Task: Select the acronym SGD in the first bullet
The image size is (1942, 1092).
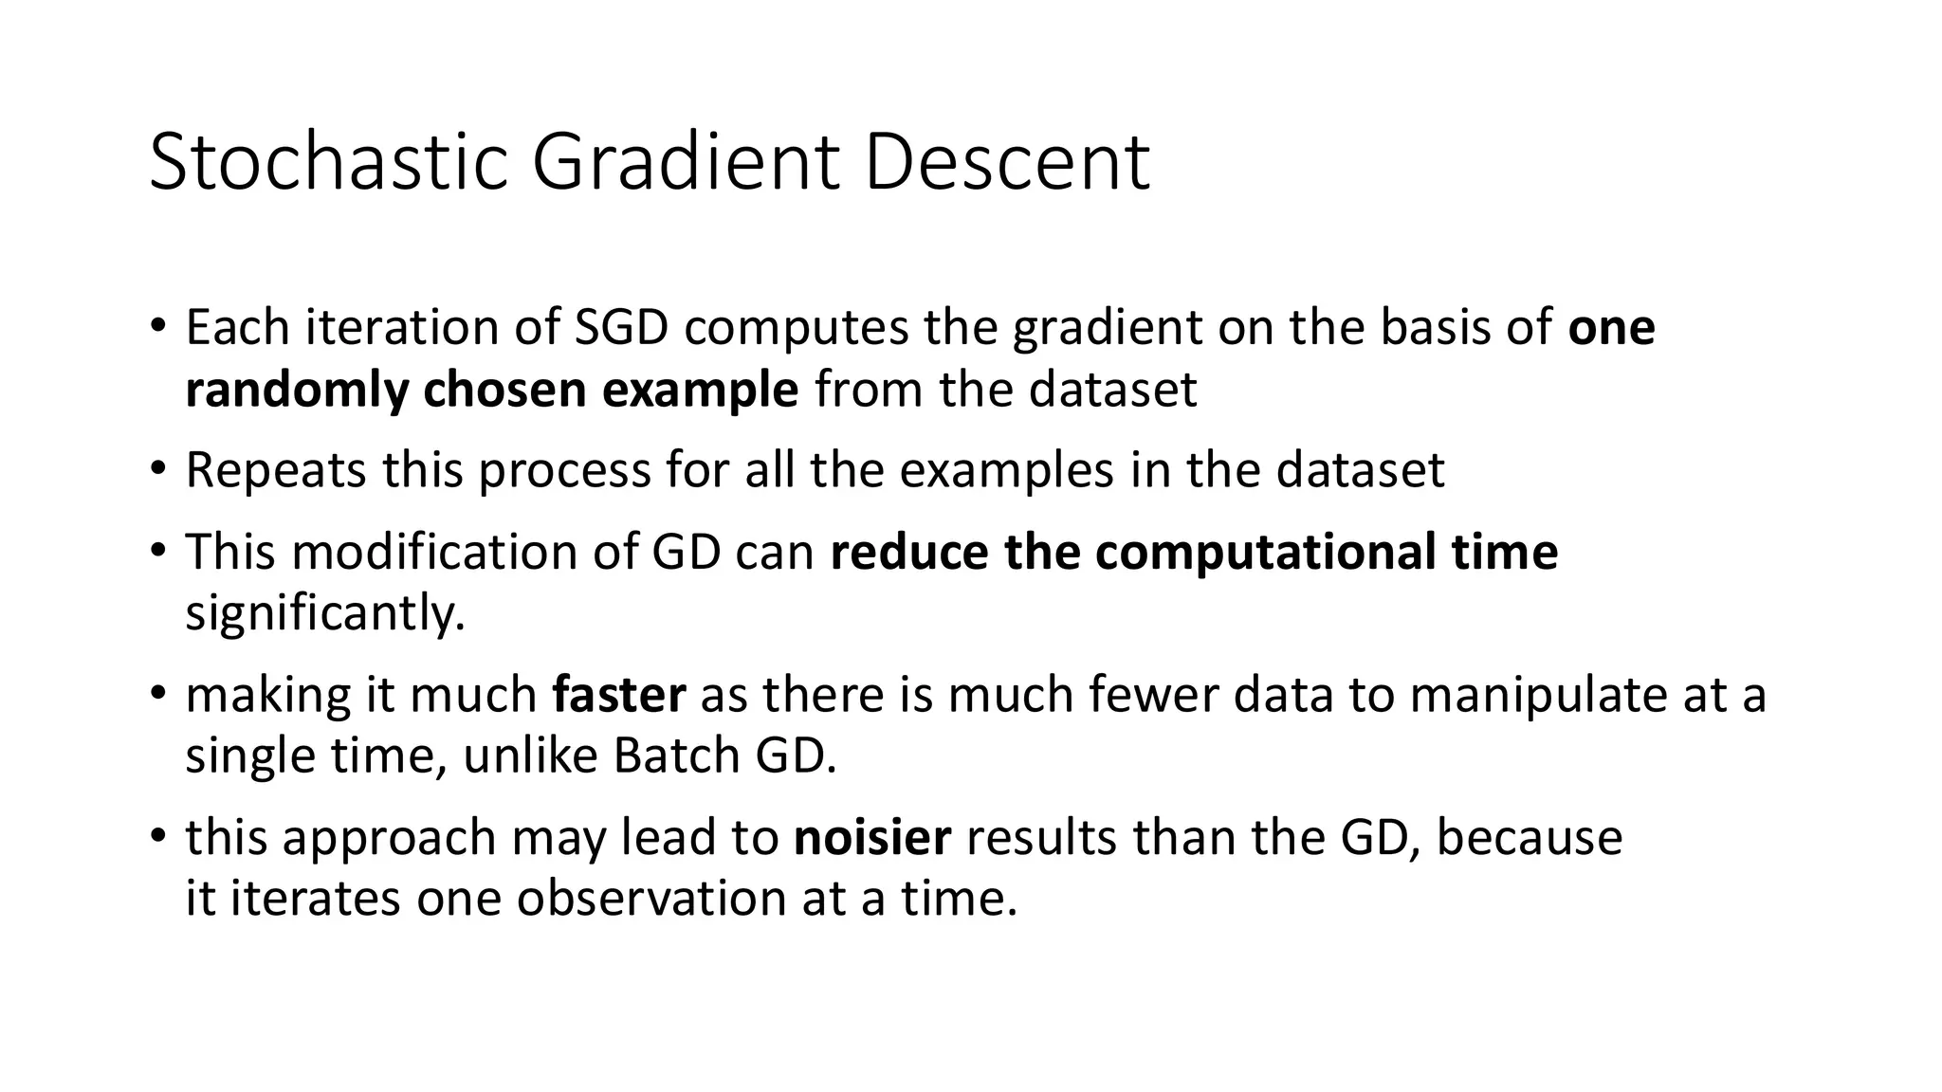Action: [x=621, y=328]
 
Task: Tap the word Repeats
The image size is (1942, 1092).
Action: [x=275, y=471]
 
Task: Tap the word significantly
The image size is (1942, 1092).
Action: [x=325, y=614]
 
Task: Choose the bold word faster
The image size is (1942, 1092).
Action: [x=618, y=695]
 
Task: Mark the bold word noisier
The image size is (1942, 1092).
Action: [x=871, y=838]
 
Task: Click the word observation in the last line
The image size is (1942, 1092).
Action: [x=650, y=898]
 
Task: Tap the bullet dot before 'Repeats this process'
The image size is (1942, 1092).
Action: [x=157, y=468]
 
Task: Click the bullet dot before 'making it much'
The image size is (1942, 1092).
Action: [x=157, y=693]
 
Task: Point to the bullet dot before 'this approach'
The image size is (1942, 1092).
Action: [x=157, y=836]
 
